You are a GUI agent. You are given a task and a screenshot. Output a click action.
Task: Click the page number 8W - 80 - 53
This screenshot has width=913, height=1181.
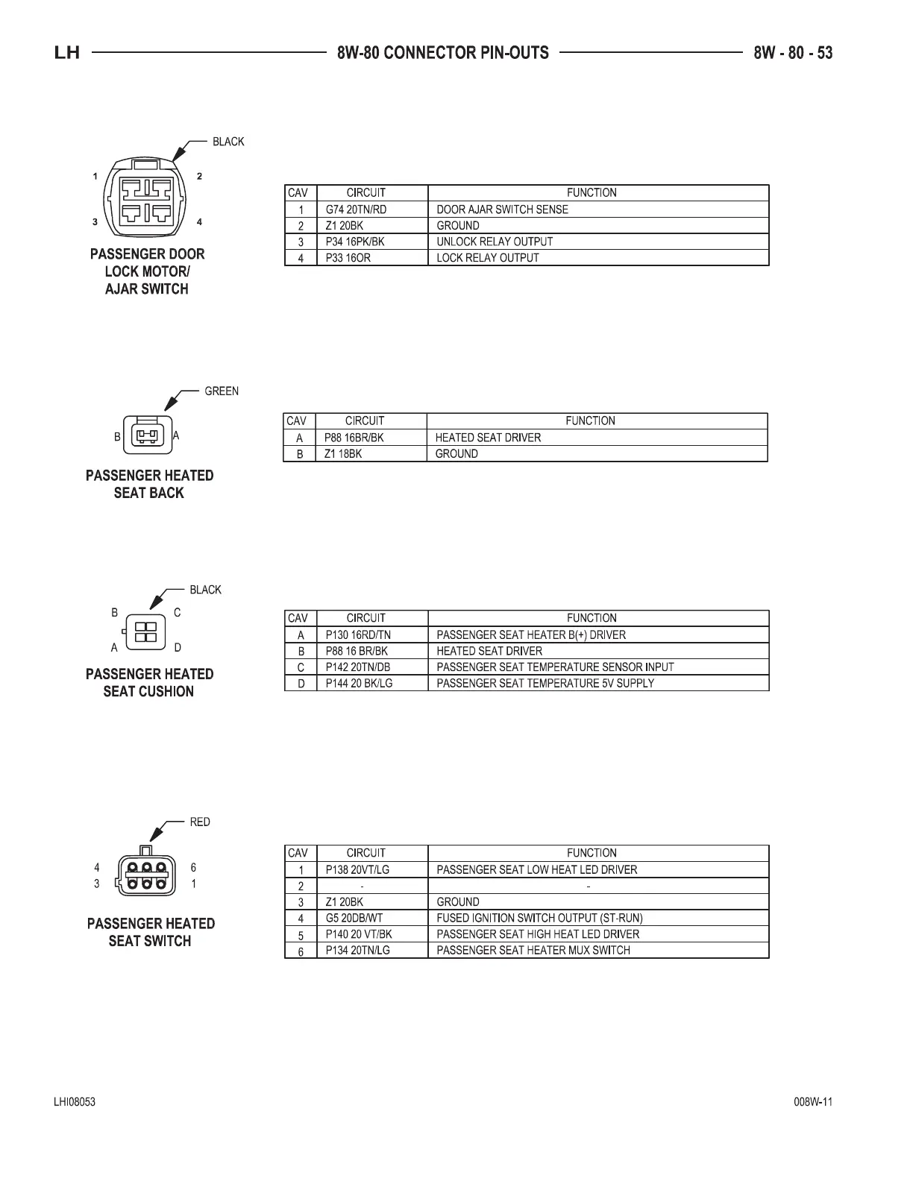[793, 53]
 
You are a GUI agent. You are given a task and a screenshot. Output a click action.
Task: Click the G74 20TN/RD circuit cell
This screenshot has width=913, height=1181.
[356, 210]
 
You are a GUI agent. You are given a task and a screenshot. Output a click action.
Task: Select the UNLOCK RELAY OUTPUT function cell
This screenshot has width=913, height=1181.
[495, 242]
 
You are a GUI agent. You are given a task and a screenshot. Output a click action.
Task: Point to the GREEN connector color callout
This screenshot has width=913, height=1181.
[222, 391]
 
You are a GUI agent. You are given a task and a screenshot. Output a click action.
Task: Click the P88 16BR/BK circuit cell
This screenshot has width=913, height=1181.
[354, 438]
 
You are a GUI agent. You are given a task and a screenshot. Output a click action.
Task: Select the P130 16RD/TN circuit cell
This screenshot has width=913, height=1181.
[358, 635]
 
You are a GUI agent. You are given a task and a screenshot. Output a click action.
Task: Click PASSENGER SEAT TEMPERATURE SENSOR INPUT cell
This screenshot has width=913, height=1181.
[555, 667]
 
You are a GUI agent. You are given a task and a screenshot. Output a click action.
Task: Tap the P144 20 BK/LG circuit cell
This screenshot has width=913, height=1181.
[359, 683]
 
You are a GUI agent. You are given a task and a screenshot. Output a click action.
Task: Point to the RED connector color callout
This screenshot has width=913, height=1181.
[200, 822]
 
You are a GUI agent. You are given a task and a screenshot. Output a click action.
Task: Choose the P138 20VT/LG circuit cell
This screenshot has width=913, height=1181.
[357, 870]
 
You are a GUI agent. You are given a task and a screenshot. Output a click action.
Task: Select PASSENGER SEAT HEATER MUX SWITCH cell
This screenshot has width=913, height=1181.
[533, 951]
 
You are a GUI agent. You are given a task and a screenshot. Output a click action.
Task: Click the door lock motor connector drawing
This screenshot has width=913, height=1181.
[147, 198]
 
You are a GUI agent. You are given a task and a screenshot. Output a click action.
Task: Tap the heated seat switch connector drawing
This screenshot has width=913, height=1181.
[145, 875]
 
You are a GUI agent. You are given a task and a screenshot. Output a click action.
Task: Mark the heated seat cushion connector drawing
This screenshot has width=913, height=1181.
[145, 632]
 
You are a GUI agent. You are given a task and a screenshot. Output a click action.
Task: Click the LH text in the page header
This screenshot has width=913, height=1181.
[67, 53]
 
